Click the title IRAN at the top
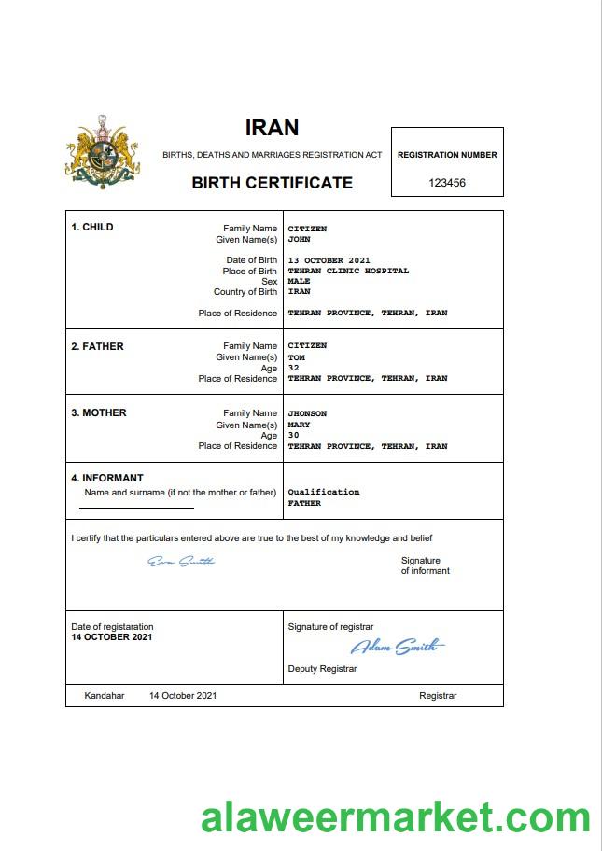[x=272, y=128]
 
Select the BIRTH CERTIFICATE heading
[x=272, y=183]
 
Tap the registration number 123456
[x=447, y=183]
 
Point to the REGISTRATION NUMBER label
[x=447, y=155]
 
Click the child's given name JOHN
[x=299, y=239]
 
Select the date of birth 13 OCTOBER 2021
[x=329, y=259]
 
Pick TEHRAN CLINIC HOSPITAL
[x=348, y=271]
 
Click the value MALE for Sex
[x=299, y=281]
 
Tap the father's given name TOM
[x=296, y=356]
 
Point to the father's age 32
[x=293, y=368]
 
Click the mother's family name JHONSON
[x=307, y=412]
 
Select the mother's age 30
[x=293, y=435]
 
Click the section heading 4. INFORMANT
[x=107, y=478]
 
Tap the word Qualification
[x=323, y=492]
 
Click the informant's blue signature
[x=181, y=561]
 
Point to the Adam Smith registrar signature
[x=398, y=647]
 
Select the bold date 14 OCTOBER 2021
[x=111, y=637]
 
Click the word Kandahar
[x=105, y=696]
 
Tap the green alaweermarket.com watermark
[x=395, y=818]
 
